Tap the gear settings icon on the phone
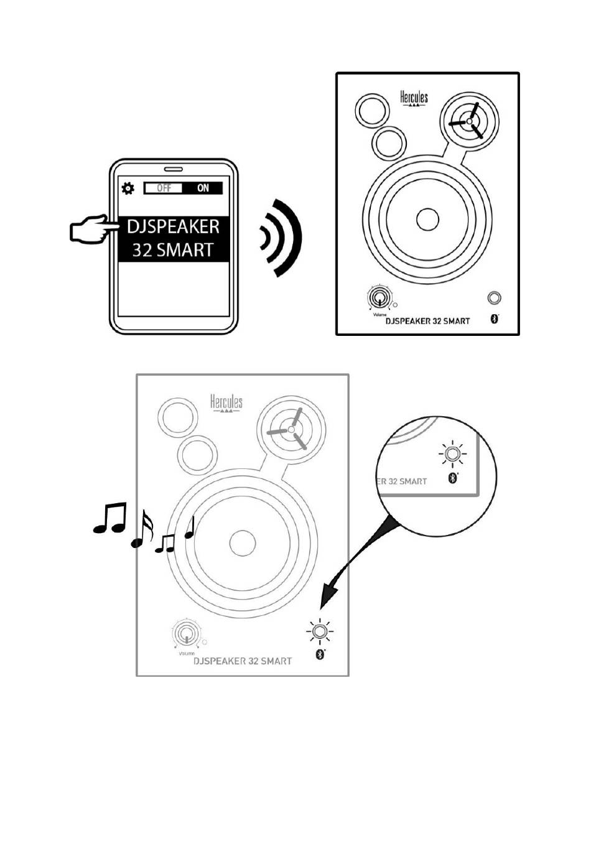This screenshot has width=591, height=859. (x=128, y=188)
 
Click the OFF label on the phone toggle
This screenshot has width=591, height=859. (x=164, y=188)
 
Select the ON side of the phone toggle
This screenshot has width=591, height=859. (x=203, y=188)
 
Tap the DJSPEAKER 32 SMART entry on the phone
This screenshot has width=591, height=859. (x=173, y=239)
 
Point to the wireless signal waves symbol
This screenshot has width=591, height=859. (x=281, y=238)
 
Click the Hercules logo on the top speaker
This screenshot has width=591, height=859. (x=414, y=99)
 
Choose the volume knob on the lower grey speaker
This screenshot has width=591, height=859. (x=186, y=634)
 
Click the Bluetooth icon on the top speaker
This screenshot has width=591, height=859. (x=495, y=319)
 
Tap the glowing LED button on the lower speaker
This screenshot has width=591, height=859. (x=320, y=631)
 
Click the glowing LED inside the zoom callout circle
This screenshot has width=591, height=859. (x=452, y=455)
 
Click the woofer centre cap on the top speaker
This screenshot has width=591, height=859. (x=427, y=220)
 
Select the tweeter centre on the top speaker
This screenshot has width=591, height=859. (x=469, y=121)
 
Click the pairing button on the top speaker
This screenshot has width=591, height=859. (x=495, y=299)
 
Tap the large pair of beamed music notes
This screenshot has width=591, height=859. (x=110, y=518)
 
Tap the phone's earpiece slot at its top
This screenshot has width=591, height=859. (x=174, y=169)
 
